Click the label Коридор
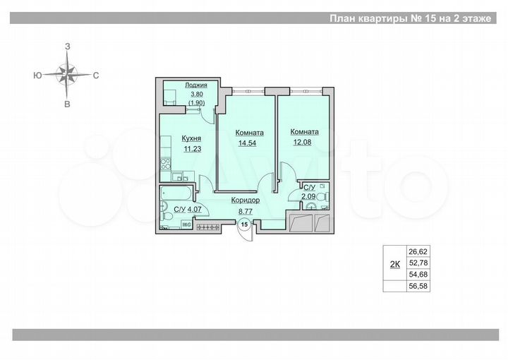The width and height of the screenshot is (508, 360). click(x=245, y=200)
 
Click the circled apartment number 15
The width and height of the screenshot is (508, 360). click(x=244, y=224)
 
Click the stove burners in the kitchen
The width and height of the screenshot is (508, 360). click(x=164, y=164)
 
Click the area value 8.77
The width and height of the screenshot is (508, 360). click(x=245, y=210)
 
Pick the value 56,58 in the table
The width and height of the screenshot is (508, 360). click(x=418, y=287)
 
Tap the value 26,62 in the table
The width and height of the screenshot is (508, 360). click(x=418, y=251)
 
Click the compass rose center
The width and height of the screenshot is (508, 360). click(x=67, y=73)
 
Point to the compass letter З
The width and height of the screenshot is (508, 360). click(x=68, y=45)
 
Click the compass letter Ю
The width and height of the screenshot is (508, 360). click(x=35, y=73)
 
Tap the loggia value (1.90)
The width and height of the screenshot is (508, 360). click(x=196, y=103)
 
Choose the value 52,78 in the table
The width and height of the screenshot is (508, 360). click(x=418, y=263)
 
